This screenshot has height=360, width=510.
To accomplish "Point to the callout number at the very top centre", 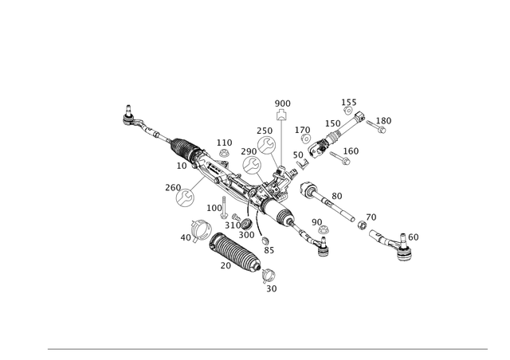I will click(280, 104).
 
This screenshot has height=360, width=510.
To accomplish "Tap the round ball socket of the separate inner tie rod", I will click(308, 191).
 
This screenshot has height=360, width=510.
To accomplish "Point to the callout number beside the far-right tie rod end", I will click(410, 236).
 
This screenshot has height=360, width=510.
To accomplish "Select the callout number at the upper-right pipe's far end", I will click(385, 120).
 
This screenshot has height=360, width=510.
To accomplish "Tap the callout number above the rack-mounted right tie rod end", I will click(316, 221).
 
